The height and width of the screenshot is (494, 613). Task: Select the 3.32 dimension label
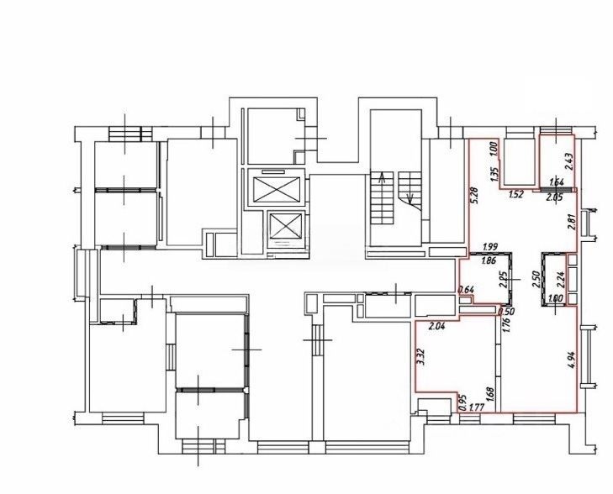420,356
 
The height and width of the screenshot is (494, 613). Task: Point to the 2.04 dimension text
436,327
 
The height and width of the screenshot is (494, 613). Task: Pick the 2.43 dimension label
568,161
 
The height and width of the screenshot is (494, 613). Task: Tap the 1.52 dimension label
516,194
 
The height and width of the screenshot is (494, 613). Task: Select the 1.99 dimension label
490,247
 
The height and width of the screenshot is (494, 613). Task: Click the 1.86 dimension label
489,261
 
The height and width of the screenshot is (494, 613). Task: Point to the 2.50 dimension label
536,280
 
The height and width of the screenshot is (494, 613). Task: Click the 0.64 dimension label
466,290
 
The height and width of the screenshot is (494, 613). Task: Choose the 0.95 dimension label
462,403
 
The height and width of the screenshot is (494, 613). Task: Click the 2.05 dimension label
554,197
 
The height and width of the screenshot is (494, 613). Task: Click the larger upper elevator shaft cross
277,189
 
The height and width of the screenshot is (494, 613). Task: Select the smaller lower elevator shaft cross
286,226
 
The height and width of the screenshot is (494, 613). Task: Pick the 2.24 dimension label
561,280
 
